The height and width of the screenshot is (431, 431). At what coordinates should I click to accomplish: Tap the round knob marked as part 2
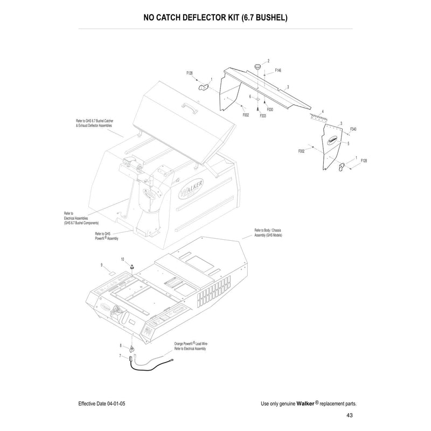258,66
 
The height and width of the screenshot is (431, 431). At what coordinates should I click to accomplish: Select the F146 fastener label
278,71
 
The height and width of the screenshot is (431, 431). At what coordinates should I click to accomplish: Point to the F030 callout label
270,109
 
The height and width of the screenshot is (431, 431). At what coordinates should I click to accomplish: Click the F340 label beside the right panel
353,129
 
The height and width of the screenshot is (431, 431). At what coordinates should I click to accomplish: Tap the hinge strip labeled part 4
319,116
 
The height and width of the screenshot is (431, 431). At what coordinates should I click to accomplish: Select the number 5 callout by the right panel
349,144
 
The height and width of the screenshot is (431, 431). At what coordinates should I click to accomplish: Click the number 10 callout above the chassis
122,259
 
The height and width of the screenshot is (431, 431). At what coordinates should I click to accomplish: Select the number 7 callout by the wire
120,356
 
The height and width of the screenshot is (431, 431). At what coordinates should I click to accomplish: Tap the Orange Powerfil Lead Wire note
191,345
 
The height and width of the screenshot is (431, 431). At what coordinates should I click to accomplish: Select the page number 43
350,415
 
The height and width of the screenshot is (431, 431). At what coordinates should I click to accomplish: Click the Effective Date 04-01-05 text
102,404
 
